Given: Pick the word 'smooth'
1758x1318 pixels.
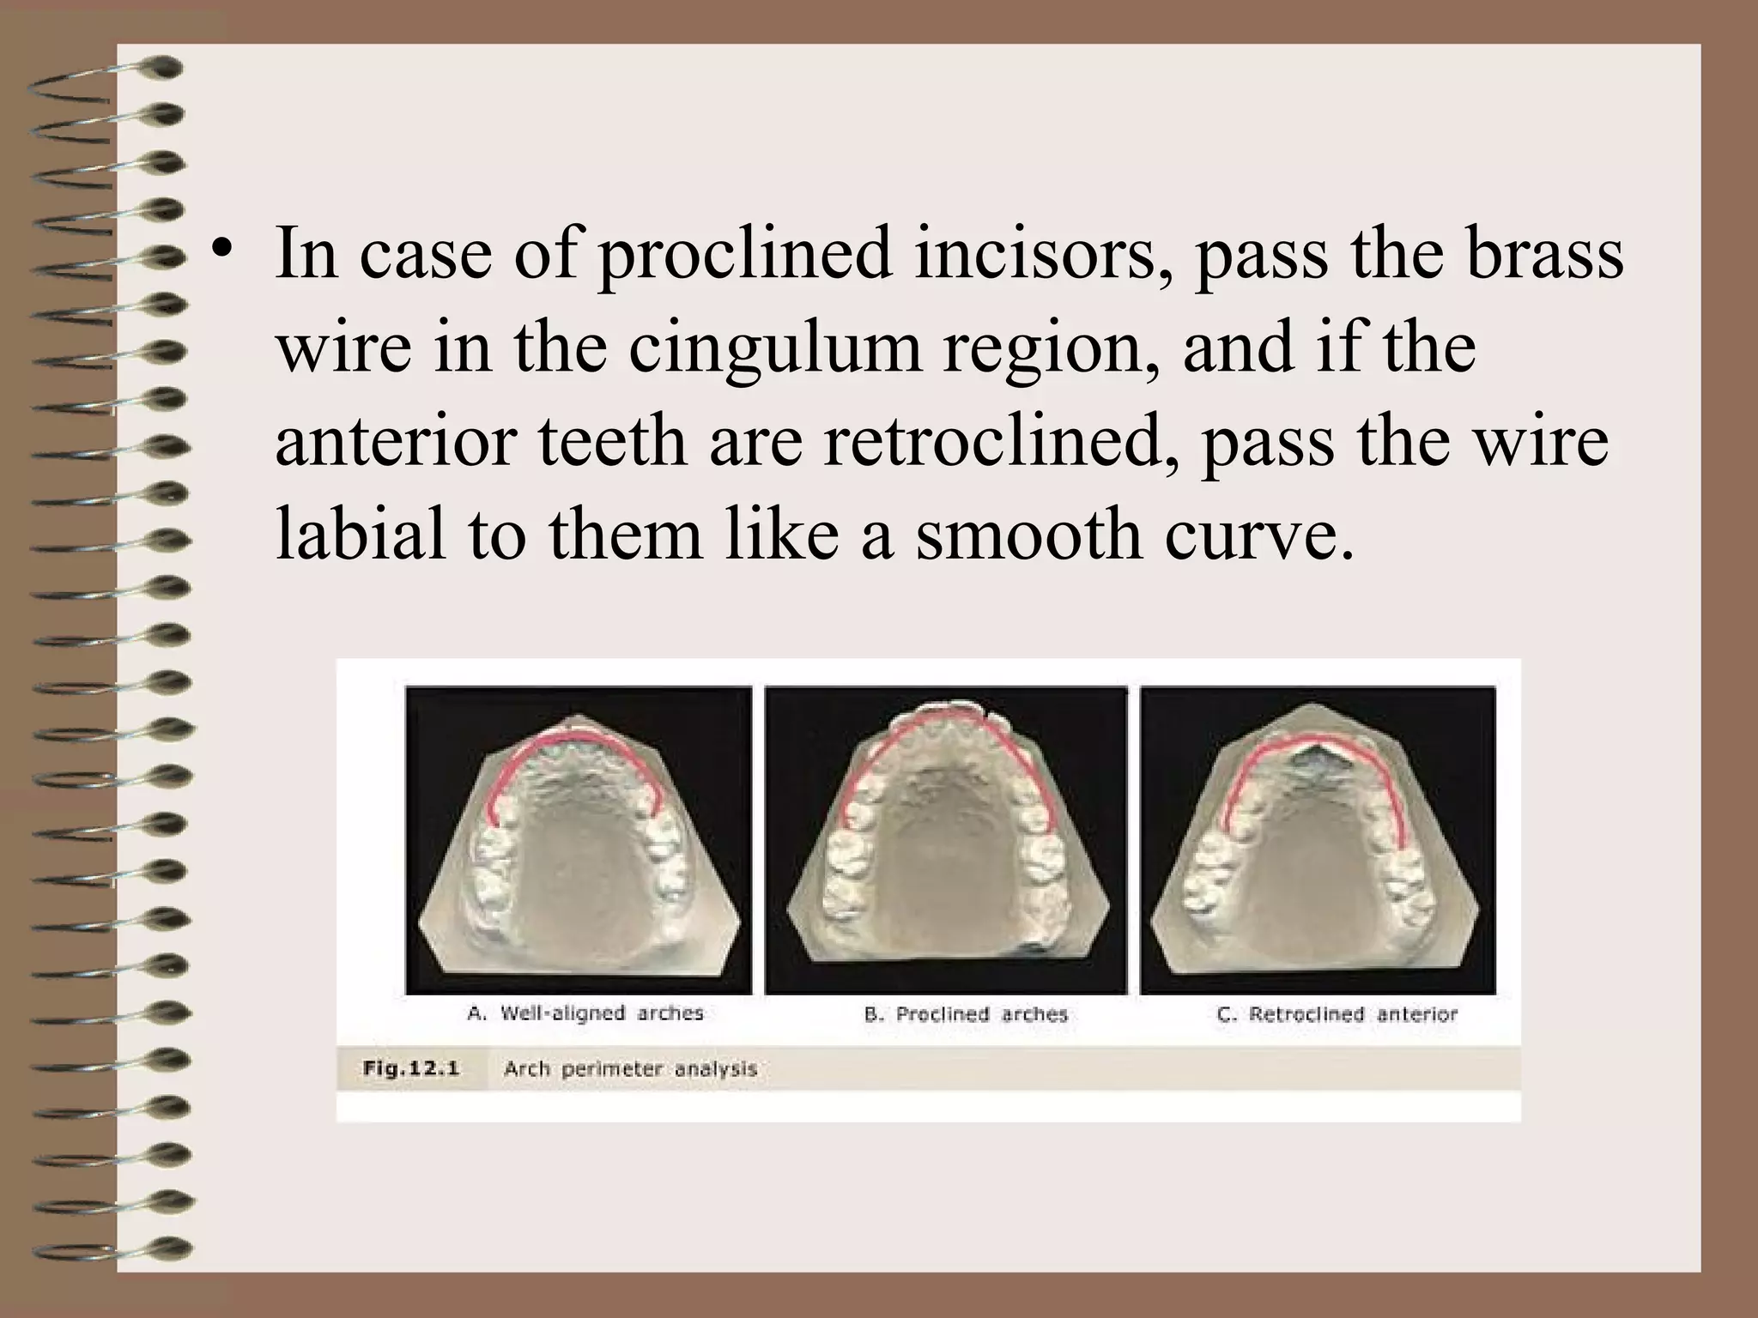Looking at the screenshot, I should point(1028,534).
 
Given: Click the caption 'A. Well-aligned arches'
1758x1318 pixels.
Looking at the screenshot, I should point(585,1013).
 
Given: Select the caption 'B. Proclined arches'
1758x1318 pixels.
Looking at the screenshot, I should point(966,1015).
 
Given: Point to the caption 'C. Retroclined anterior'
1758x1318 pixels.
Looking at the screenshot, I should point(1337,1015).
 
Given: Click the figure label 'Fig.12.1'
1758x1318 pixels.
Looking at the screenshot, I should point(411,1068).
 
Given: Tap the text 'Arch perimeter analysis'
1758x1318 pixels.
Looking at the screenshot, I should point(630,1069).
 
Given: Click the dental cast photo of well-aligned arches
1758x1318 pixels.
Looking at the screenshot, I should point(579,841).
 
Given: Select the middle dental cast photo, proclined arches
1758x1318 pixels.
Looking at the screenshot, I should point(946,841).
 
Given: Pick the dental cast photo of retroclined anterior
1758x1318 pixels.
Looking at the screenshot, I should point(1318,841).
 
